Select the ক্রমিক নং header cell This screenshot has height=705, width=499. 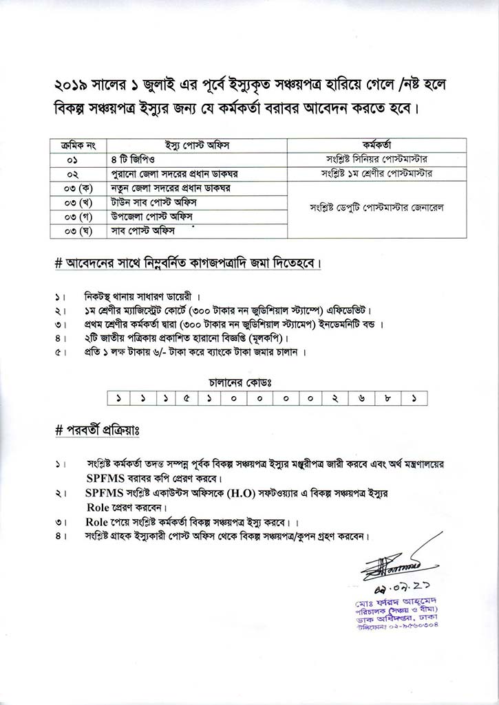click(78, 144)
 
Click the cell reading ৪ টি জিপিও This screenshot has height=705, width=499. click(130, 158)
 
